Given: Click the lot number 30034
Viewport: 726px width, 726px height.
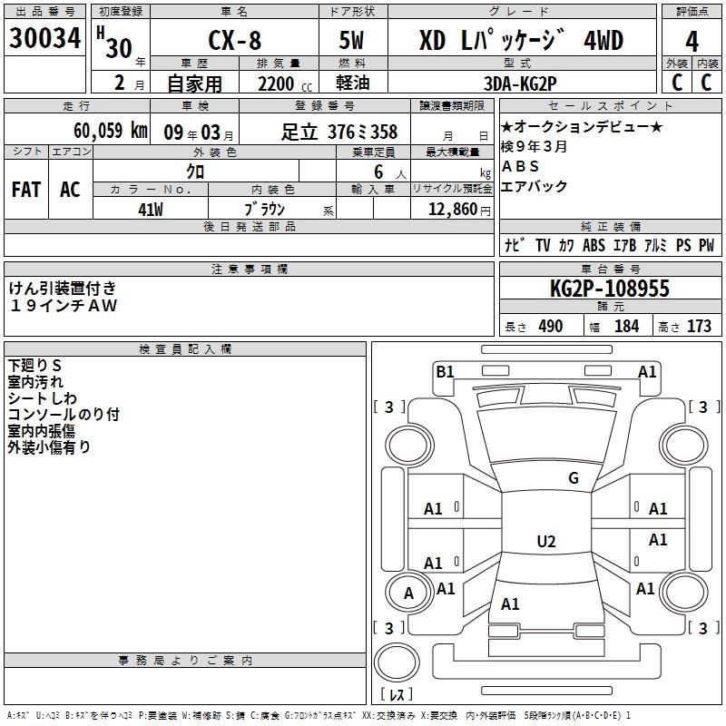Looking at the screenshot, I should pyautogui.click(x=45, y=40).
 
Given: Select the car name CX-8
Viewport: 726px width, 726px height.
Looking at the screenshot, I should pyautogui.click(x=234, y=41).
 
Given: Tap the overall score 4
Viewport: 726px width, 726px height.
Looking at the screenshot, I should pyautogui.click(x=692, y=41).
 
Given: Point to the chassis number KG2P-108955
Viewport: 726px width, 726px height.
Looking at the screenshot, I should pyautogui.click(x=610, y=289).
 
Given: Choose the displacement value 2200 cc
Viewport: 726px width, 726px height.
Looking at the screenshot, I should pyautogui.click(x=278, y=83).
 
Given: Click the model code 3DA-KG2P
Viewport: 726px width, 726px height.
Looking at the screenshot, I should pyautogui.click(x=521, y=83).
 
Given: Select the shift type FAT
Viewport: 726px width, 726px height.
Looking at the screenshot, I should pyautogui.click(x=26, y=190).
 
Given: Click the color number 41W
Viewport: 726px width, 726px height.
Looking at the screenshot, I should pyautogui.click(x=151, y=210).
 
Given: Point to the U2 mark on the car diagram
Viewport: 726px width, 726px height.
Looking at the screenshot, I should pyautogui.click(x=545, y=542).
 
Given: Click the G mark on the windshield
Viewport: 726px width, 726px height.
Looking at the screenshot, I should pyautogui.click(x=573, y=478).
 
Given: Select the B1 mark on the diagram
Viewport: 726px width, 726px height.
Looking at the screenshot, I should pyautogui.click(x=445, y=371).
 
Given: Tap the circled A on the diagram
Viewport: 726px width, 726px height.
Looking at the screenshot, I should pyautogui.click(x=408, y=593).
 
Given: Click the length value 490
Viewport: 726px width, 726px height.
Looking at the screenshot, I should pyautogui.click(x=551, y=326).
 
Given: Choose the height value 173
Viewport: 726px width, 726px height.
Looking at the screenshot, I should pyautogui.click(x=699, y=326).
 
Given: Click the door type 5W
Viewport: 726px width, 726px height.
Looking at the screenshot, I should pyautogui.click(x=353, y=41).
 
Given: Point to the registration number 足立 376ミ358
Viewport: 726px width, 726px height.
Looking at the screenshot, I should pyautogui.click(x=339, y=132).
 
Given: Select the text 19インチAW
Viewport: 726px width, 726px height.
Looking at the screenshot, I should pyautogui.click(x=64, y=306).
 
